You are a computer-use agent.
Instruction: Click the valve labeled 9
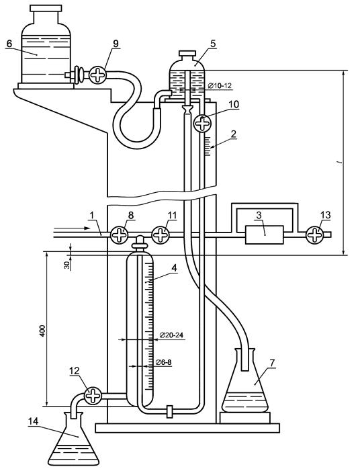click(98, 75)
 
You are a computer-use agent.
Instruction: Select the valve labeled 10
click(202, 123)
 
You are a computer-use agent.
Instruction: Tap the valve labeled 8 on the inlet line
click(120, 234)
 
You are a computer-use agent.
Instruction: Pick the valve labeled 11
click(161, 234)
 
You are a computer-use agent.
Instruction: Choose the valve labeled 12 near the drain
click(93, 396)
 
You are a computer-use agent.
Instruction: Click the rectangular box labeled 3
click(265, 234)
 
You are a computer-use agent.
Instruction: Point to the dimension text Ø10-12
click(220, 86)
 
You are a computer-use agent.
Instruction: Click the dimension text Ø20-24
click(172, 335)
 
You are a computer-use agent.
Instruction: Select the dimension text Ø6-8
click(164, 363)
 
